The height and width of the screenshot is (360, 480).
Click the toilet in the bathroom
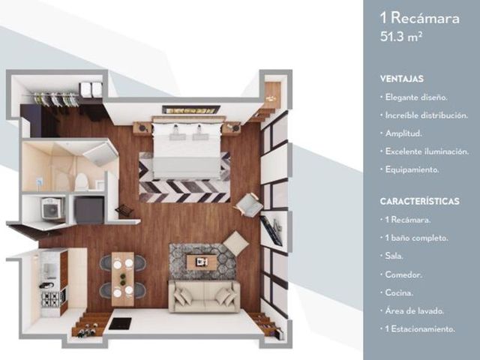pyautogui.click(x=82, y=181)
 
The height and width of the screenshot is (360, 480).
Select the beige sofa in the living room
pyautogui.click(x=205, y=296)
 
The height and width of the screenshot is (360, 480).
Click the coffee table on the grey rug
pyautogui.click(x=202, y=262)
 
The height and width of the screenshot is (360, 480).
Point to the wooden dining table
pyautogui.click(x=123, y=279)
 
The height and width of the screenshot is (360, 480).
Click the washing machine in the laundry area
pyautogui.click(x=52, y=208)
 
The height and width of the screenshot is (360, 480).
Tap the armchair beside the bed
pyautogui.click(x=248, y=205)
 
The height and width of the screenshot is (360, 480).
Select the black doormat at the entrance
pyautogui.click(x=120, y=323)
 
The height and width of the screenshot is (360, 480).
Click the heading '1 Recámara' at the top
pyautogui.click(x=420, y=18)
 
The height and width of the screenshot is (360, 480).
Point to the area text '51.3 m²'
pyautogui.click(x=401, y=37)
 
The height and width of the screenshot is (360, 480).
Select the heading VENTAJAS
pyautogui.click(x=402, y=79)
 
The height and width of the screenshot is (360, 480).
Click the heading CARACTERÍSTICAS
pyautogui.click(x=420, y=201)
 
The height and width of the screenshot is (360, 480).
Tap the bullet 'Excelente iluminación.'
pyautogui.click(x=424, y=151)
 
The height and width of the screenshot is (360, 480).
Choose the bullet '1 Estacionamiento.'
pyautogui.click(x=418, y=329)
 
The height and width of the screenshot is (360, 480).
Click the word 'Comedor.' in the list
pyautogui.click(x=403, y=274)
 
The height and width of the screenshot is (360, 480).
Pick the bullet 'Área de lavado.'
pyautogui.click(x=412, y=310)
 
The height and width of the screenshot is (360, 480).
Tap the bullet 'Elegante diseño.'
pyautogui.click(x=414, y=97)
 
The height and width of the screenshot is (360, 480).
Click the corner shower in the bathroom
pyautogui.click(x=100, y=154)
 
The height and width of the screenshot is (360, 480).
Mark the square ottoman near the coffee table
pyautogui.click(x=235, y=243)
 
